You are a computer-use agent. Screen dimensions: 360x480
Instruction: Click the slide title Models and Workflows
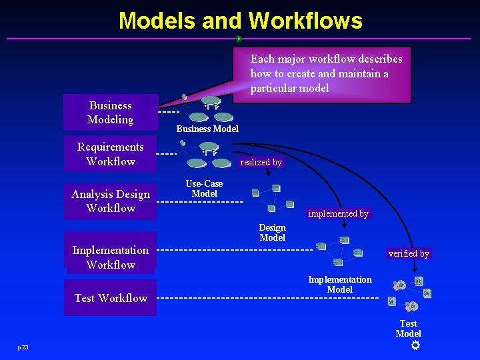pyautogui.click(x=240, y=21)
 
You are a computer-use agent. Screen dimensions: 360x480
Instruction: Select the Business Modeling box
pyautogui.click(x=111, y=113)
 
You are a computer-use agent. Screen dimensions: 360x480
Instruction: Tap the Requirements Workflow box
pyautogui.click(x=111, y=154)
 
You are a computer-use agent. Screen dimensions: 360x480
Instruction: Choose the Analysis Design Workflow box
pyautogui.click(x=111, y=201)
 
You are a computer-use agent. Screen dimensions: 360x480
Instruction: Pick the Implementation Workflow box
pyautogui.click(x=111, y=257)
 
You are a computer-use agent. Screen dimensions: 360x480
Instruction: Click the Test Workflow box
pyautogui.click(x=111, y=298)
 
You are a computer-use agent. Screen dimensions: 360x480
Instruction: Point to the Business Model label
pyautogui.click(x=207, y=129)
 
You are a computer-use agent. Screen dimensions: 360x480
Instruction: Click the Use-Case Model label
pyautogui.click(x=205, y=189)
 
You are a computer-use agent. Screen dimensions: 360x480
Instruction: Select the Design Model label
pyautogui.click(x=272, y=233)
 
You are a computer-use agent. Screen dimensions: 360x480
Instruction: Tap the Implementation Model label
pyautogui.click(x=340, y=285)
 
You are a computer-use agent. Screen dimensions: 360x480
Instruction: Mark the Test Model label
pyautogui.click(x=408, y=328)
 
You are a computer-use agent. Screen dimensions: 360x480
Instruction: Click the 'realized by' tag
pyautogui.click(x=261, y=162)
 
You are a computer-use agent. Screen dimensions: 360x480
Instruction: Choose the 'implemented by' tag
pyautogui.click(x=338, y=213)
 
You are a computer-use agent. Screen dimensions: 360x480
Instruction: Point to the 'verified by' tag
pyautogui.click(x=409, y=253)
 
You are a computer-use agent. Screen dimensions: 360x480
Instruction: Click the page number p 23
pyautogui.click(x=23, y=347)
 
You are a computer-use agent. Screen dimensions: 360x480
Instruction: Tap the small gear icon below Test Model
pyautogui.click(x=415, y=345)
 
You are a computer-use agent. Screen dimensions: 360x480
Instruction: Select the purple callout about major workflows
pyautogui.click(x=323, y=74)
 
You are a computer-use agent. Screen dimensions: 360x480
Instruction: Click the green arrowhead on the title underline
pyautogui.click(x=239, y=39)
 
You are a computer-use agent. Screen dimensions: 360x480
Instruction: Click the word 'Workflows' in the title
pyautogui.click(x=305, y=21)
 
